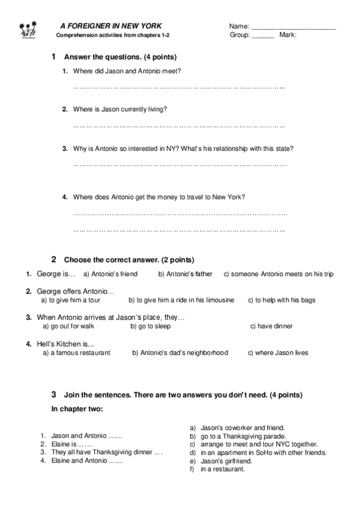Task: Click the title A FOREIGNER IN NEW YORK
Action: [x=111, y=26]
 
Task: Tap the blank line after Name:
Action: [x=293, y=28]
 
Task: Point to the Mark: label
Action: [x=288, y=35]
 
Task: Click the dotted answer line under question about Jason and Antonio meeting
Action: [x=178, y=88]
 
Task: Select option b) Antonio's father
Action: [x=185, y=274]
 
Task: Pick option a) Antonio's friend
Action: [x=111, y=274]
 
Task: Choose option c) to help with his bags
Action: [x=281, y=300]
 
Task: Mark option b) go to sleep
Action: [x=150, y=326]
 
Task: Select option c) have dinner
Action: [x=271, y=326]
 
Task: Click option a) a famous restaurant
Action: [x=76, y=352]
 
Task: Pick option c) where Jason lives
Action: [x=278, y=352]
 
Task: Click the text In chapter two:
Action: [x=77, y=409]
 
